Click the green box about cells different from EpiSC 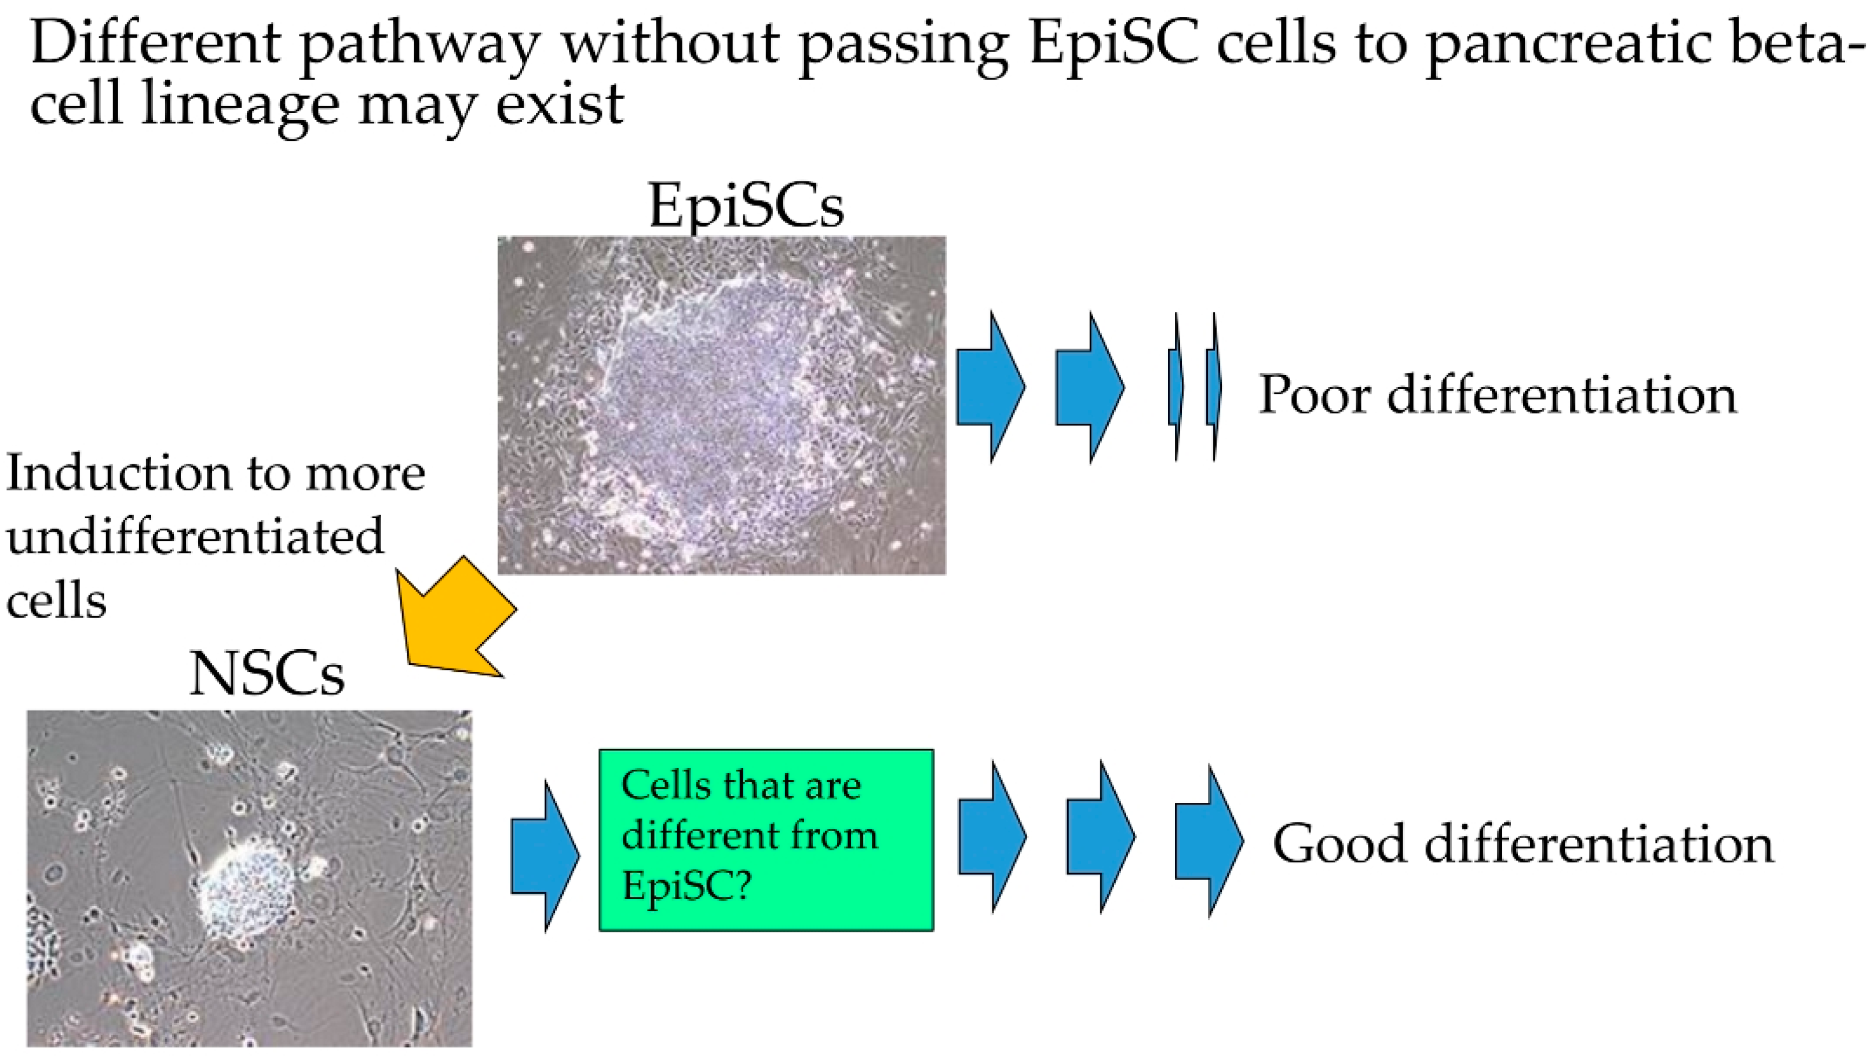(x=766, y=840)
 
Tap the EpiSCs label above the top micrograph (x=746, y=206)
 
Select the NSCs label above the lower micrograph (x=267, y=674)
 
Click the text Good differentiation (x=1523, y=844)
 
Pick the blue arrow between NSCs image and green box (x=545, y=856)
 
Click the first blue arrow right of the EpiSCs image (x=990, y=387)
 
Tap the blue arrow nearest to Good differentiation (x=1209, y=841)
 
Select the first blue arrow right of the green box (x=992, y=836)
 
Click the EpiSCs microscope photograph (x=721, y=405)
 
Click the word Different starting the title (x=156, y=42)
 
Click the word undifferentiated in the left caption (x=195, y=537)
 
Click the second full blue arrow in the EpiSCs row (x=1090, y=387)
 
